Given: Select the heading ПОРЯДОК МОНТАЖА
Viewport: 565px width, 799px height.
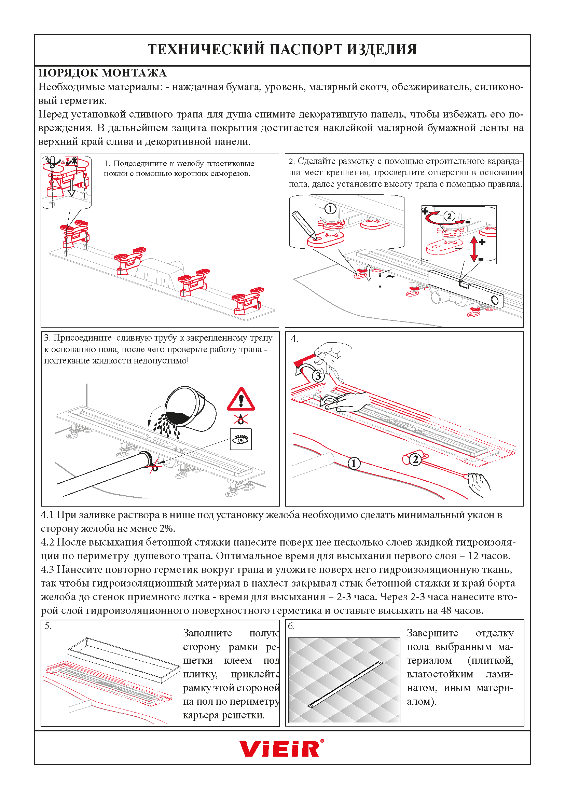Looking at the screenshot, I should tap(102, 73).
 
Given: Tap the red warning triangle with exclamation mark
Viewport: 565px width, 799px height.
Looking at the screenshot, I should tap(241, 400).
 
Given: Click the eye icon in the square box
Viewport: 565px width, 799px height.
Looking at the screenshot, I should tap(241, 440).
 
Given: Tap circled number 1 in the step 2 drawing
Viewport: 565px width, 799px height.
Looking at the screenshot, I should tap(330, 209).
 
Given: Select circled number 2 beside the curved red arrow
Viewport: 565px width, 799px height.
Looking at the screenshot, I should tap(449, 216).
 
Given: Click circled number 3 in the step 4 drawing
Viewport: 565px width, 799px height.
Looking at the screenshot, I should tap(318, 376).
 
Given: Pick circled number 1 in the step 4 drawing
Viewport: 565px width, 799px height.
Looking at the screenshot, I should tap(354, 463).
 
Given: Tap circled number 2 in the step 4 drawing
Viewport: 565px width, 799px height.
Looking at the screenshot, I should tap(415, 459).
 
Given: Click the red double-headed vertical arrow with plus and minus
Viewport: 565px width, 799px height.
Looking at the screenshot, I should tap(473, 249).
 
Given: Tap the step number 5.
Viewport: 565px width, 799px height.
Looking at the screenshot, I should tap(48, 626).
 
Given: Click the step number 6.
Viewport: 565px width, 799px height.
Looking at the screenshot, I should tap(291, 626).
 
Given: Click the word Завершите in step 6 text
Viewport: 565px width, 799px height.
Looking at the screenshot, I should tap(432, 633).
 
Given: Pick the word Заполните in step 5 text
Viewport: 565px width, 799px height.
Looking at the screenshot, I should tap(207, 633).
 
